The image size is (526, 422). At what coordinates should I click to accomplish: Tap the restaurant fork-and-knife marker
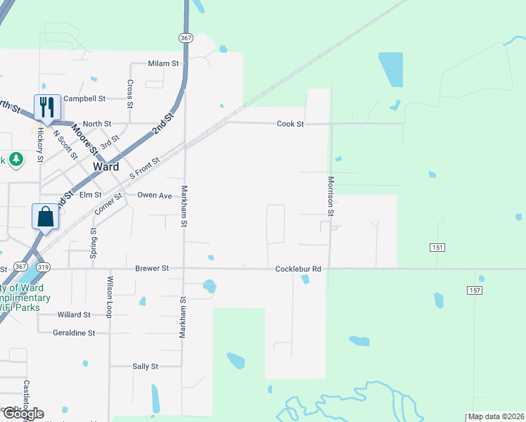tap(46, 107)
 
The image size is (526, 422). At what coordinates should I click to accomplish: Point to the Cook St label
tap(290, 124)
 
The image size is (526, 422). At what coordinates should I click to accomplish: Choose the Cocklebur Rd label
tap(298, 269)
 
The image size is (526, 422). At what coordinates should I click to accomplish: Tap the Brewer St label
tap(152, 269)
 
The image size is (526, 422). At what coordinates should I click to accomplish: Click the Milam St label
tap(164, 63)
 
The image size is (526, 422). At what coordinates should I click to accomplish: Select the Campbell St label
tap(84, 99)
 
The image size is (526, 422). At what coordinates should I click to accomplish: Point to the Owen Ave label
tap(155, 195)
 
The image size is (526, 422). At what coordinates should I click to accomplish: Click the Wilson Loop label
tap(110, 297)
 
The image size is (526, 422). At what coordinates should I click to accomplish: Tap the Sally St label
tap(146, 366)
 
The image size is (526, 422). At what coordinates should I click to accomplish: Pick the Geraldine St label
tap(73, 333)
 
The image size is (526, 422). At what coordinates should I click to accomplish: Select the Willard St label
tap(75, 315)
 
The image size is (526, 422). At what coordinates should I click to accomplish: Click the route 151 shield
tap(437, 248)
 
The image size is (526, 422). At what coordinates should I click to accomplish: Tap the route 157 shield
tap(474, 290)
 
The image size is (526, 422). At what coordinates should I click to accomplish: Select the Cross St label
tap(130, 94)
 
